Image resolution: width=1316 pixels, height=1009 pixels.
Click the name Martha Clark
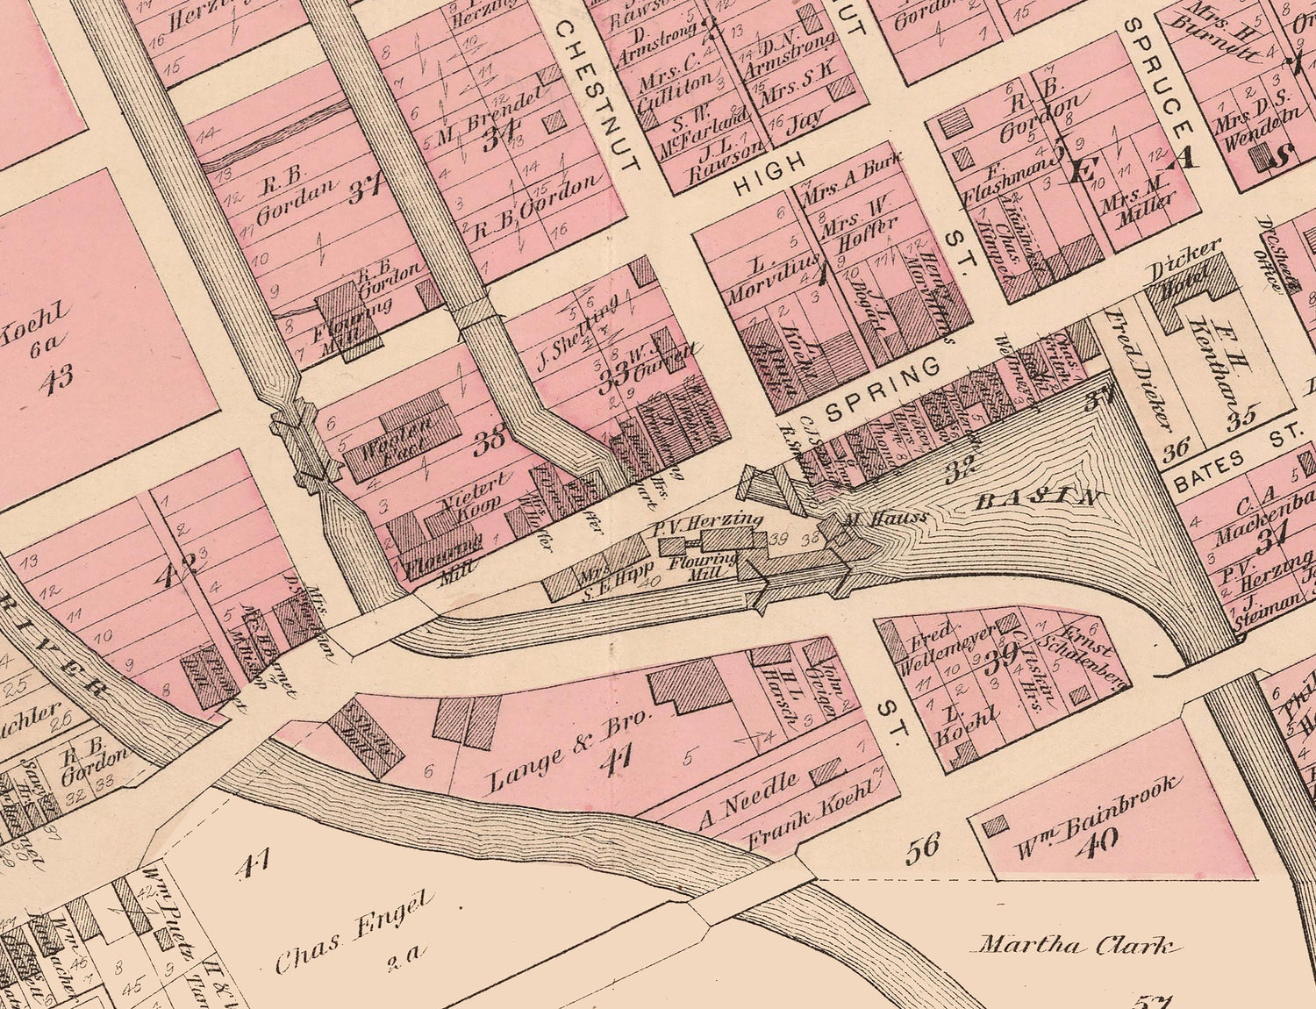(x=1076, y=947)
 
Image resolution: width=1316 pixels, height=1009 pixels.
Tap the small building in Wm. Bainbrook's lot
(x=995, y=827)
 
